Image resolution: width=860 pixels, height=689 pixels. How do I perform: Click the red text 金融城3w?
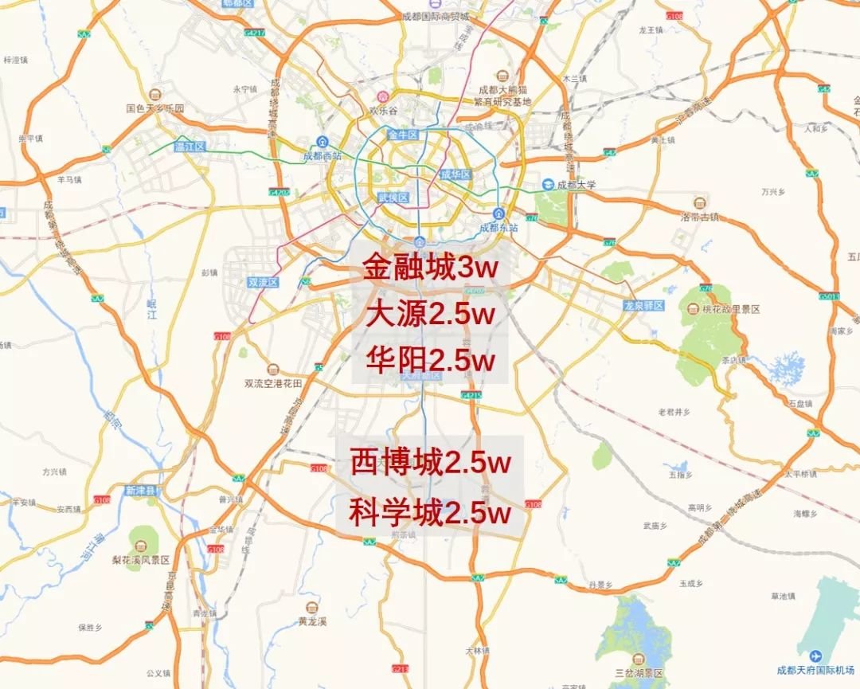(x=430, y=268)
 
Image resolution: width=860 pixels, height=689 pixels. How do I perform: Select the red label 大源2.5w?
(x=430, y=314)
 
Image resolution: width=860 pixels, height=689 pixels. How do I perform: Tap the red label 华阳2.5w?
(x=430, y=360)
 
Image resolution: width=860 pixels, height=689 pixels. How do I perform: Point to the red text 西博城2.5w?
(x=430, y=462)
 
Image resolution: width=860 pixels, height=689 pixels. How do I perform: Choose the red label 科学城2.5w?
(x=430, y=512)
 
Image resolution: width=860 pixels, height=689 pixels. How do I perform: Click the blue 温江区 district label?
(x=190, y=147)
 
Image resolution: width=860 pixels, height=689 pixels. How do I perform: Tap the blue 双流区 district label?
(x=262, y=282)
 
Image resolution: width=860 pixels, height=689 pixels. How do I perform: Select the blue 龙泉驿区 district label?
(x=643, y=305)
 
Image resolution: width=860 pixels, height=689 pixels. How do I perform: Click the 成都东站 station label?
(x=498, y=227)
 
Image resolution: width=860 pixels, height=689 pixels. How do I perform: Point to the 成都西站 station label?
(x=322, y=156)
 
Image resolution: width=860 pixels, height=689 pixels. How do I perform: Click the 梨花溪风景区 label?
(x=141, y=560)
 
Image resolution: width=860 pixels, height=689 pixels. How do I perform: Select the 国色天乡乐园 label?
(x=154, y=108)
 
